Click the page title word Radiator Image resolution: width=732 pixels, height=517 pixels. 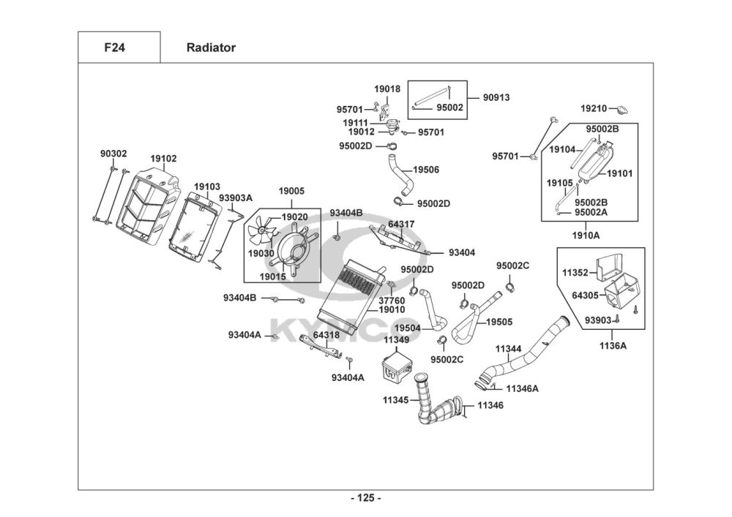point(211,48)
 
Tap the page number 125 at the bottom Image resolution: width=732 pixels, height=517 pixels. point(366,499)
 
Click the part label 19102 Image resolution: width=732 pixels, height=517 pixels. point(163,159)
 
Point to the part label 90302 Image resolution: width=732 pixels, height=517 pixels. point(113,154)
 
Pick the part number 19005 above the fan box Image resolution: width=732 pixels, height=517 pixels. point(291,191)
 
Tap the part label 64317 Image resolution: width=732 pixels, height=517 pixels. point(401,224)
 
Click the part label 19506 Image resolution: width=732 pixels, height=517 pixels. point(426,170)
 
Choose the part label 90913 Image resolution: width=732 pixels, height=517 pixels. point(496,97)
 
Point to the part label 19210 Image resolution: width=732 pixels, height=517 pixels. point(594,108)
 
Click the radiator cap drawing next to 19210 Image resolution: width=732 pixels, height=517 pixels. point(623,110)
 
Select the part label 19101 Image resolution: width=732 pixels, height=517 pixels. point(619,173)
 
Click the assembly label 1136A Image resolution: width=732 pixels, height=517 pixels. point(613,345)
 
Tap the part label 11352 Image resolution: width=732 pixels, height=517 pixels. point(575,273)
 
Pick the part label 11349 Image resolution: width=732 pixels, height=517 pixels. point(397,340)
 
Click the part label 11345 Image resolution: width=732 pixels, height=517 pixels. point(395,400)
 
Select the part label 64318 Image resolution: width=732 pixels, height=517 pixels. point(326,335)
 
